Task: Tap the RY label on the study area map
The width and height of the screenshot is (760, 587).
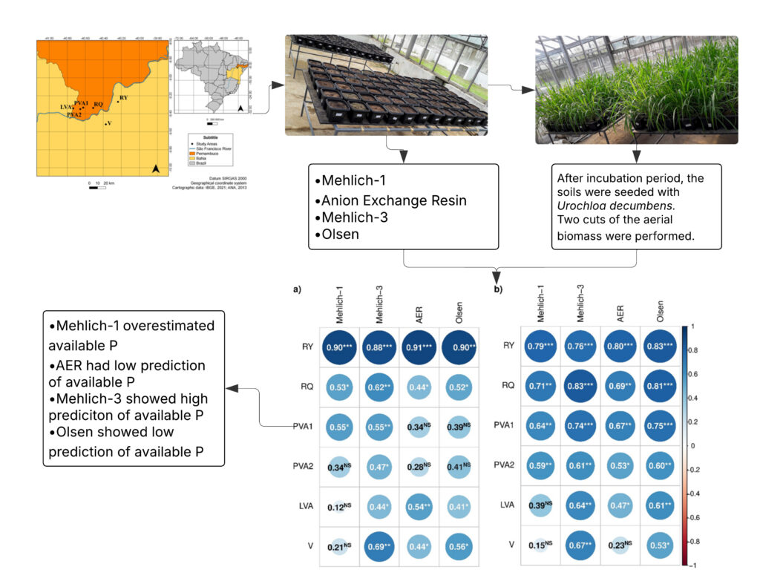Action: tap(124, 97)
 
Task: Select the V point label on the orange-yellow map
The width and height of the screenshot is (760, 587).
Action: tap(110, 125)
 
